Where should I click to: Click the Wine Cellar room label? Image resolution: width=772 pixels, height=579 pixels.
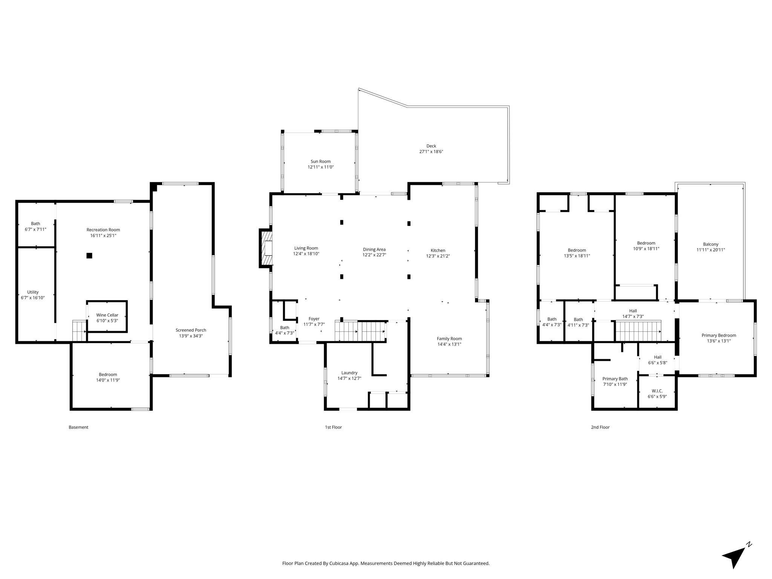[x=107, y=315]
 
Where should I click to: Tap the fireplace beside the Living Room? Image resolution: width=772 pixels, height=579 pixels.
[x=266, y=248]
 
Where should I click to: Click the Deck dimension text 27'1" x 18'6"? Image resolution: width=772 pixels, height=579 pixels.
[x=431, y=152]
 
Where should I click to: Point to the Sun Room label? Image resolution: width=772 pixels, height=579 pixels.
[x=320, y=161]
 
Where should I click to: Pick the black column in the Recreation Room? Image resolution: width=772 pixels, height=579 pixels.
[x=89, y=256]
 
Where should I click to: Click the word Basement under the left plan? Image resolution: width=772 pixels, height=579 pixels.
[x=78, y=427]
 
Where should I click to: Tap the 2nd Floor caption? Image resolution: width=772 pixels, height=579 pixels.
[x=600, y=427]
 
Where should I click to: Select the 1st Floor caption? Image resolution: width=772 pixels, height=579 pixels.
[x=333, y=427]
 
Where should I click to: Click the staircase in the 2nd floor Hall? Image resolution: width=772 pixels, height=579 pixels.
[x=638, y=331]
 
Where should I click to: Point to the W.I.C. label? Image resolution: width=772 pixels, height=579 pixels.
[x=657, y=391]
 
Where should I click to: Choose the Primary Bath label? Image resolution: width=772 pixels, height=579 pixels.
[x=615, y=379]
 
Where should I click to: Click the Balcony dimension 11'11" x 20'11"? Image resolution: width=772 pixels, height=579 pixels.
[x=711, y=250]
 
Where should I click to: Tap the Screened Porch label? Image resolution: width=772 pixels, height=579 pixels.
[x=191, y=330]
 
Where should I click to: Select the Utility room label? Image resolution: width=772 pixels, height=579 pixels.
[x=33, y=292]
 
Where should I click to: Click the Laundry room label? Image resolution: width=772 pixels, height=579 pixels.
[x=349, y=373]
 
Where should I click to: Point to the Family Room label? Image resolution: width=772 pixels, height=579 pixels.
[x=449, y=339]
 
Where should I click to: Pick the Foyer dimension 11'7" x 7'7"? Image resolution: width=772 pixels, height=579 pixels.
[x=314, y=324]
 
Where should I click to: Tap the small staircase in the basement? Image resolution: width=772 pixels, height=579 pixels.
[x=80, y=331]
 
